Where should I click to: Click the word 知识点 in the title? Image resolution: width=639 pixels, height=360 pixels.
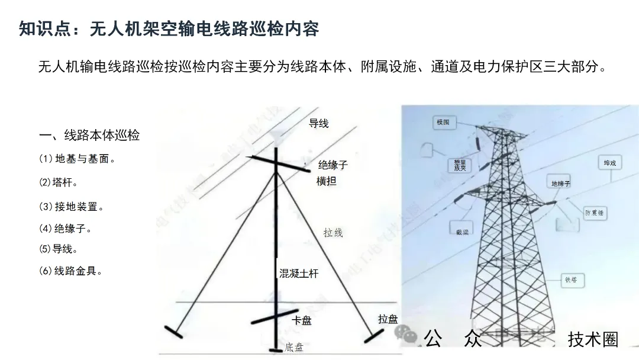[48, 28]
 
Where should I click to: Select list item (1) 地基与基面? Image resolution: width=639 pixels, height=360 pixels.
[77, 159]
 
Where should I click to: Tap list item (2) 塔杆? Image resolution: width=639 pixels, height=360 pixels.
[59, 182]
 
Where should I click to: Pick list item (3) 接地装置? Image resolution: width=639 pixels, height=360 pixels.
[72, 207]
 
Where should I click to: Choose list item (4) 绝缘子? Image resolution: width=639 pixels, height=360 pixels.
[66, 229]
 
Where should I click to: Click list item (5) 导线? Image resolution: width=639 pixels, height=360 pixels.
[59, 249]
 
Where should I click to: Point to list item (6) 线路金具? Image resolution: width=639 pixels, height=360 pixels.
[72, 271]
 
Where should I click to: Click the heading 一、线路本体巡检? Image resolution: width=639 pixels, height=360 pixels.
[89, 135]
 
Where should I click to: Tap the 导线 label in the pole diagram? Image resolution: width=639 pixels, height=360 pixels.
[319, 123]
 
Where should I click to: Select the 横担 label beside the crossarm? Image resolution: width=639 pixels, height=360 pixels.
[327, 181]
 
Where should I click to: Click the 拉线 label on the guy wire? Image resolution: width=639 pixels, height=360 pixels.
[333, 233]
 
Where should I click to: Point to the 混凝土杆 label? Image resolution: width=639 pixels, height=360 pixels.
[299, 274]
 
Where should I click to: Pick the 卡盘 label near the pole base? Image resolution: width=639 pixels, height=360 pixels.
[302, 320]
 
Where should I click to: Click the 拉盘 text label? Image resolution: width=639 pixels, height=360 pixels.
[388, 319]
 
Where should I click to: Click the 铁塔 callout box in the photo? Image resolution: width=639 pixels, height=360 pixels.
[571, 280]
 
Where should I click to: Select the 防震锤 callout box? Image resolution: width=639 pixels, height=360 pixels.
[595, 213]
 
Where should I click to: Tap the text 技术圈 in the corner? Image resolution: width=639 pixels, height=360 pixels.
[593, 339]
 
